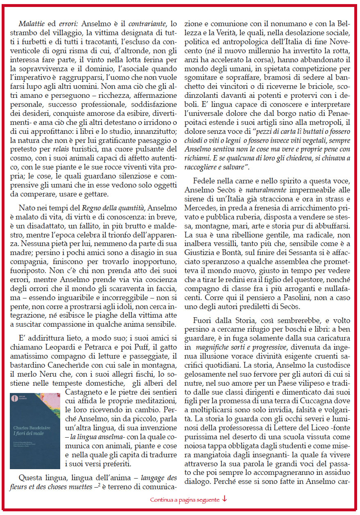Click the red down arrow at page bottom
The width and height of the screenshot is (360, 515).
pos(225,499)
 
